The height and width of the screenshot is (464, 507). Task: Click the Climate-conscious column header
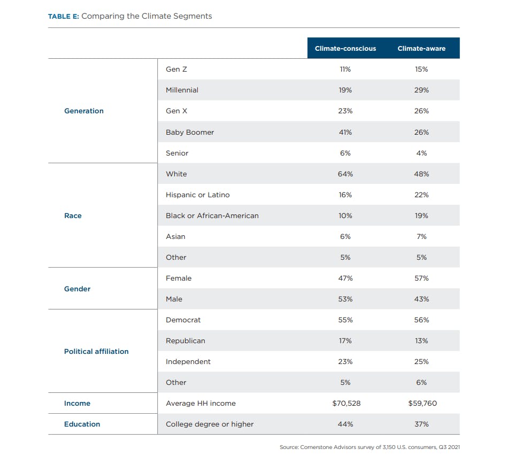pyautogui.click(x=345, y=49)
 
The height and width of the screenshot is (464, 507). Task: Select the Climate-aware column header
pyautogui.click(x=421, y=49)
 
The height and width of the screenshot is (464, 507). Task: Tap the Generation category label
pyautogui.click(x=84, y=111)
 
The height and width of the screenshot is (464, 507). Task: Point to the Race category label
pyautogui.click(x=73, y=215)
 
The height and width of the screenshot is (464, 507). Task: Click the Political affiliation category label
pyautogui.click(x=96, y=351)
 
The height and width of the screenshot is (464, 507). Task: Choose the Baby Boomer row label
pyautogui.click(x=190, y=132)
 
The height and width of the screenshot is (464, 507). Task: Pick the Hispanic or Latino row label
pyautogui.click(x=197, y=195)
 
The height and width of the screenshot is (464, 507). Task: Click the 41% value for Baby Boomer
pyautogui.click(x=345, y=132)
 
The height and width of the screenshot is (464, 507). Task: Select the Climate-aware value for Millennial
pyautogui.click(x=421, y=90)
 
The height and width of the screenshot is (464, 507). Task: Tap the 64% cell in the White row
pyautogui.click(x=345, y=174)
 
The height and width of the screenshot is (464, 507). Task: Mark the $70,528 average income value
pyautogui.click(x=347, y=403)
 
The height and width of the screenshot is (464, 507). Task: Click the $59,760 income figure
pyautogui.click(x=422, y=403)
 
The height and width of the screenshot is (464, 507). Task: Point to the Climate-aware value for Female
pyautogui.click(x=421, y=278)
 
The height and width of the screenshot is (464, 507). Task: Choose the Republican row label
pyautogui.click(x=185, y=341)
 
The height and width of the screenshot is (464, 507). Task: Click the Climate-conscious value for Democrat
pyautogui.click(x=345, y=320)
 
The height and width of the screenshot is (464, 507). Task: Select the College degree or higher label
pyautogui.click(x=210, y=424)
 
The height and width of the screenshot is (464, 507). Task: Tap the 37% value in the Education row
pyautogui.click(x=421, y=424)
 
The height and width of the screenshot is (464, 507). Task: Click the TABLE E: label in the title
pyautogui.click(x=63, y=17)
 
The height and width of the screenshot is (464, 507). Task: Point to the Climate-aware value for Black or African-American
pyautogui.click(x=421, y=215)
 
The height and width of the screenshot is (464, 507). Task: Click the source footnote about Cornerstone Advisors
pyautogui.click(x=370, y=447)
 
